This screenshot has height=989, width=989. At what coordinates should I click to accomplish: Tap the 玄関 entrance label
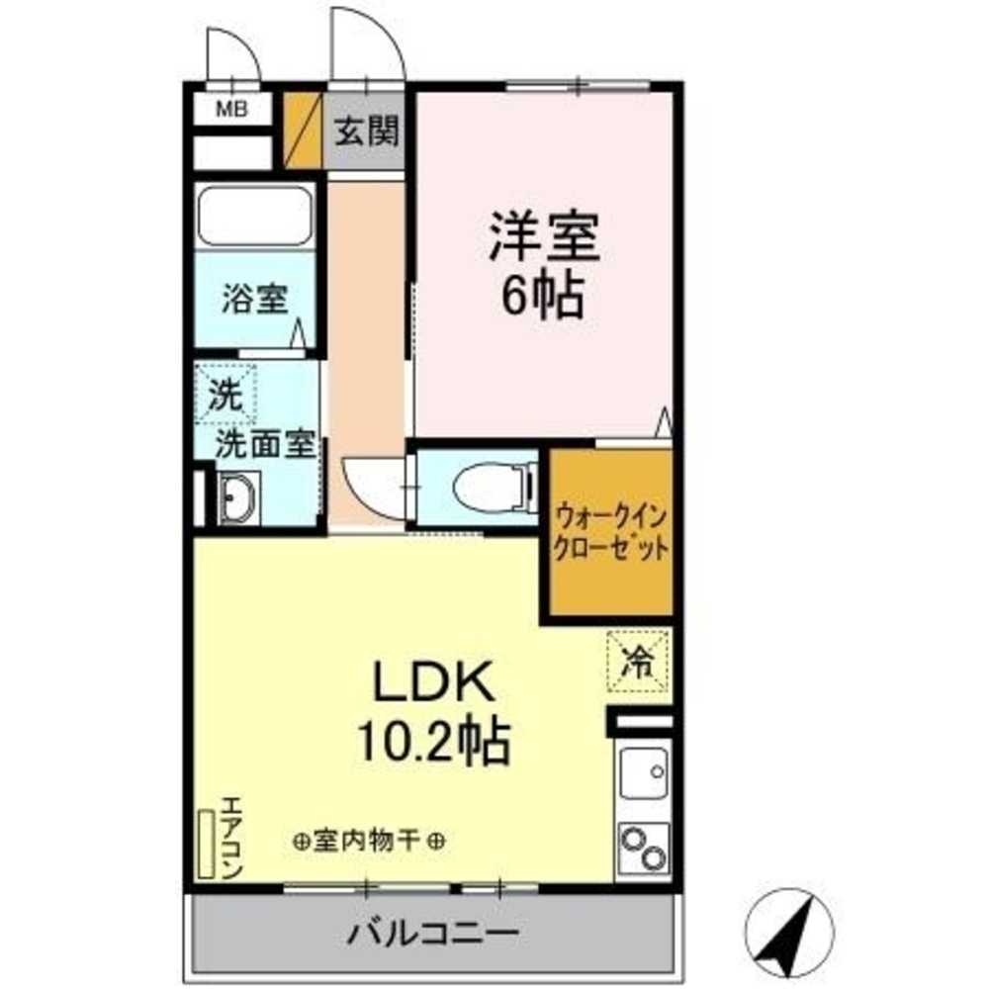(365, 132)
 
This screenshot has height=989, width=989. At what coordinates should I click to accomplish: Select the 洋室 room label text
(543, 237)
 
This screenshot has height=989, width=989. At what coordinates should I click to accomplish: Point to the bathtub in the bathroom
(255, 215)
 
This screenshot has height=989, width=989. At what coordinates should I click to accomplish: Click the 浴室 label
(254, 299)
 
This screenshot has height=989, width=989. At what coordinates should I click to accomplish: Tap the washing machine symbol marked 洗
(225, 396)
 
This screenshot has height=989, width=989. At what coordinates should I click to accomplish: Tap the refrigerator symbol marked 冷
(638, 661)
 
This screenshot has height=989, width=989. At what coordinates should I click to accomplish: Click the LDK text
(431, 682)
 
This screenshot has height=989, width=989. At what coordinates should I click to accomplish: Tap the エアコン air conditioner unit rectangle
(207, 844)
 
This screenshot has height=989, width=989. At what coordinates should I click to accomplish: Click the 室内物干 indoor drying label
(368, 842)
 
